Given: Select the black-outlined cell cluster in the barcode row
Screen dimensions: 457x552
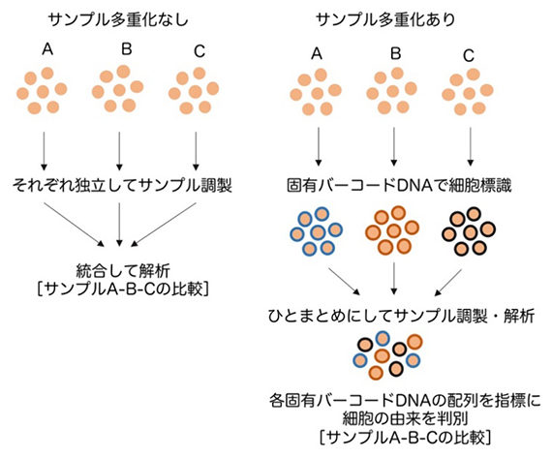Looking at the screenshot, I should [472, 233].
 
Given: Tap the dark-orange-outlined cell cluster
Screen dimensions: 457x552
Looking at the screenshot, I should [393, 233].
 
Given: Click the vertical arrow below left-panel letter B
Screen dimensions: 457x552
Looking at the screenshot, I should [118, 146].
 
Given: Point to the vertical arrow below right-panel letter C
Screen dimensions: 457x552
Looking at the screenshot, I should [472, 146].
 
